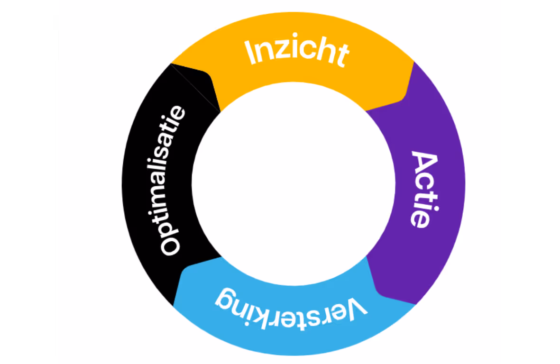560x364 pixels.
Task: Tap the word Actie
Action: click(423, 190)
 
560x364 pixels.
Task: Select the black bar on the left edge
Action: click(29, 182)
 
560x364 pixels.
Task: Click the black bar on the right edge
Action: click(530, 182)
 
